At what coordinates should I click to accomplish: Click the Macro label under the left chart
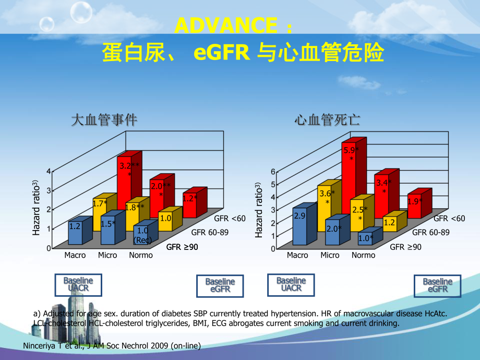pos(75,255)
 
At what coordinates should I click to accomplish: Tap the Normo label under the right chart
pos(363,255)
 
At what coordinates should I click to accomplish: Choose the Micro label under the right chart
pos(330,255)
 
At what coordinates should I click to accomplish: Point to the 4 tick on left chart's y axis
pos(49,171)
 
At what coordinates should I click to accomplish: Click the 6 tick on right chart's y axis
pos(272,172)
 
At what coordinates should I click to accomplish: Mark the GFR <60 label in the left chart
pos(230,219)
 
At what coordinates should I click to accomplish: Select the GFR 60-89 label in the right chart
pos(430,232)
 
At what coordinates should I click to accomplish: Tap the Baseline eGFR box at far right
pos(437,285)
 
